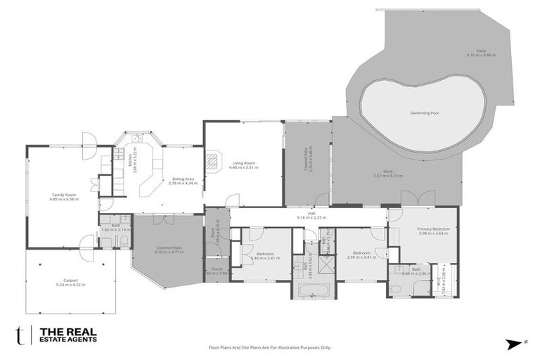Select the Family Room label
[x=64, y=195]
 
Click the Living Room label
[x=243, y=164]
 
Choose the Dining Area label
[x=184, y=179]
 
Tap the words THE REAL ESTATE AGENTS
[x=67, y=334]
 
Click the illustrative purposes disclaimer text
[x=269, y=347]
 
